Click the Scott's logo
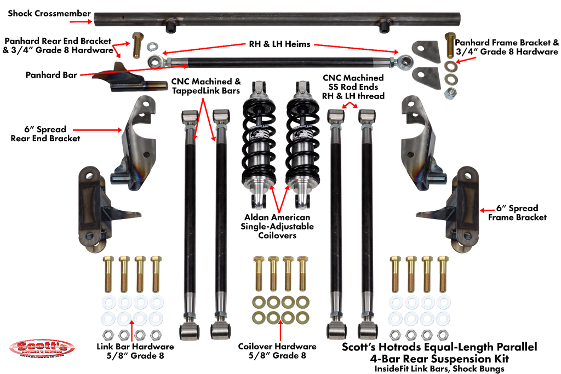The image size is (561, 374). tap(42, 348)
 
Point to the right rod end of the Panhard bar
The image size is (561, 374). tap(405, 60)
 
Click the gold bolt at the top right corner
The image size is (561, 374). tap(450, 44)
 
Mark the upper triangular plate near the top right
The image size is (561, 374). tap(425, 52)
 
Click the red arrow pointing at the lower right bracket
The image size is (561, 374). tap(488, 210)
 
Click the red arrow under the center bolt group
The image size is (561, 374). tap(280, 332)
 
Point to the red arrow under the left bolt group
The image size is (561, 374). tap(132, 332)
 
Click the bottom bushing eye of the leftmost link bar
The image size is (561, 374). tap(189, 331)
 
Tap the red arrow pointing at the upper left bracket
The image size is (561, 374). tap(97, 130)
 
